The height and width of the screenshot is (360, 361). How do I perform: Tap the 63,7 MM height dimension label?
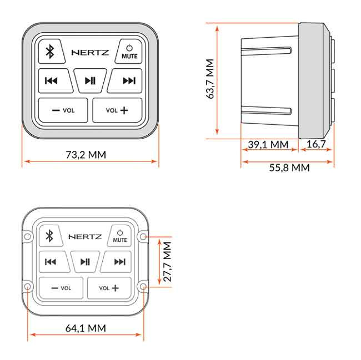click(x=210, y=79)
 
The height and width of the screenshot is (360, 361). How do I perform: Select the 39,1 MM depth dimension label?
click(x=268, y=145)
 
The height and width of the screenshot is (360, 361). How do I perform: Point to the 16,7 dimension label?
click(x=316, y=145)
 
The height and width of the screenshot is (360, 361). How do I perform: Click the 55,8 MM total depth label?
click(x=289, y=168)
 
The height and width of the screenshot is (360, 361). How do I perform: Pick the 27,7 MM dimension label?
click(x=167, y=261)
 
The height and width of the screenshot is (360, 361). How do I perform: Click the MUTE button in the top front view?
click(x=129, y=52)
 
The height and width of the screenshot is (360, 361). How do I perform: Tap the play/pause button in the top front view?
click(x=90, y=81)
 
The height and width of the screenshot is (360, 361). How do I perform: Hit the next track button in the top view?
click(x=128, y=81)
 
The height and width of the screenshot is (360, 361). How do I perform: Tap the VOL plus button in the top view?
click(x=117, y=110)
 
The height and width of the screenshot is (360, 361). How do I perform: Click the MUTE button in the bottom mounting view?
click(x=120, y=236)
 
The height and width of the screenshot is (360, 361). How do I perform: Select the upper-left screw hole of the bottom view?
click(x=27, y=237)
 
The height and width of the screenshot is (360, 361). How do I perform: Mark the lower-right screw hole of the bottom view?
click(x=143, y=287)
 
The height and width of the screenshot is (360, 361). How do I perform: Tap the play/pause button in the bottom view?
click(x=85, y=262)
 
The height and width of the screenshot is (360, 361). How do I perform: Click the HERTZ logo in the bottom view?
click(x=85, y=237)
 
